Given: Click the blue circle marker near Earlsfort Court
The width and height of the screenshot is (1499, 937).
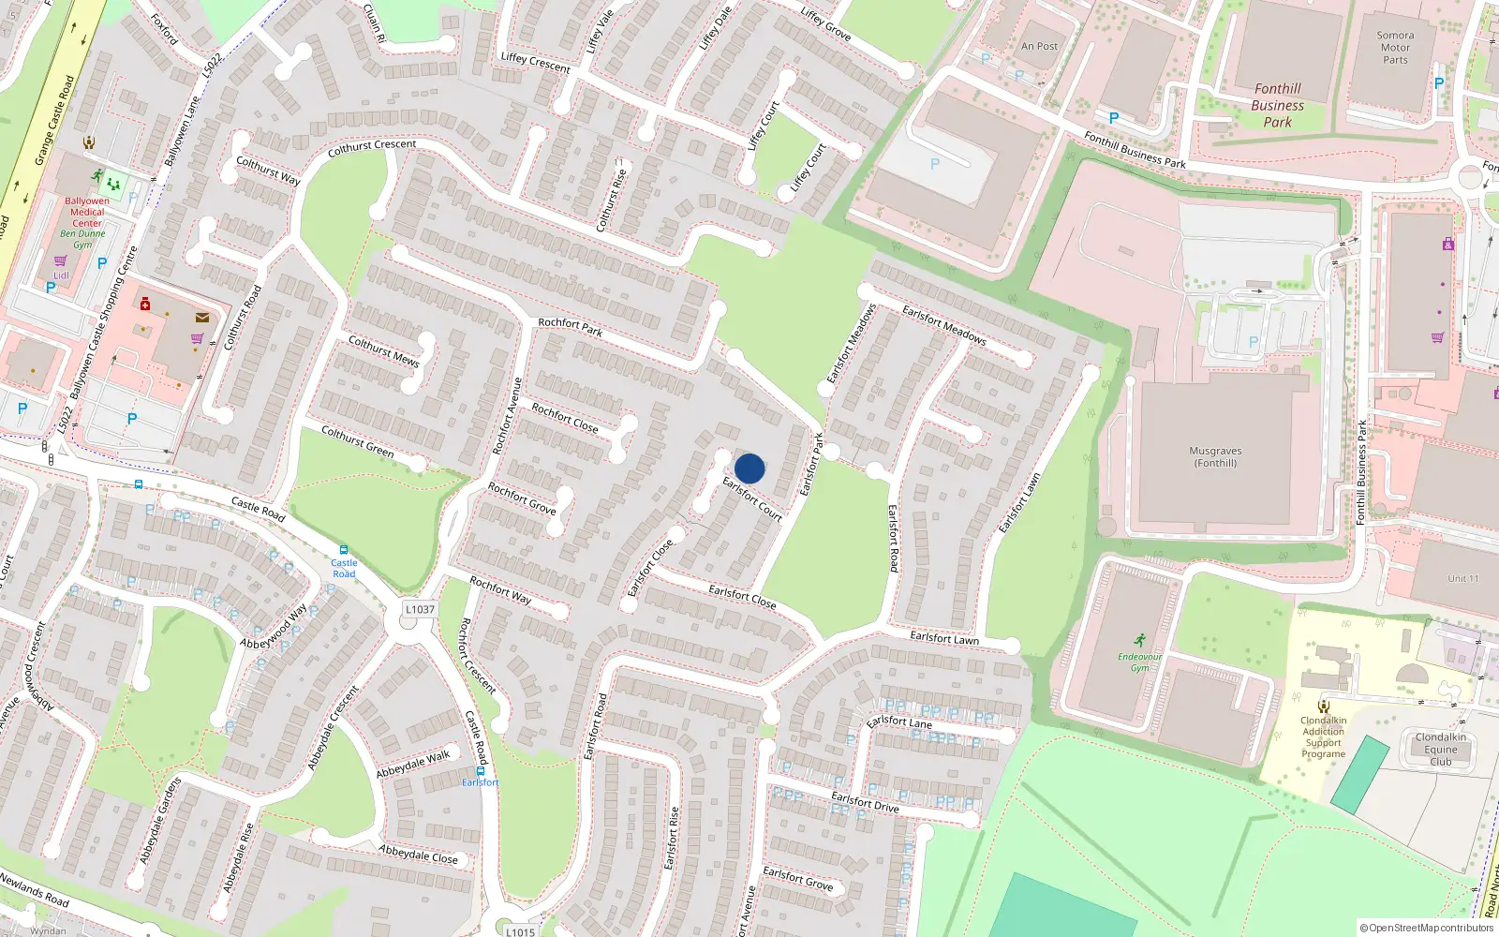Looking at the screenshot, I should [749, 468].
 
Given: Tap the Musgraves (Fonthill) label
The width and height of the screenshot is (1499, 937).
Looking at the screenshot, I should [1215, 457].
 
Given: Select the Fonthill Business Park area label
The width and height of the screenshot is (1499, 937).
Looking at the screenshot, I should [1277, 105].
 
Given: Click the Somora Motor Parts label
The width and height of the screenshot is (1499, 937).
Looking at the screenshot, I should [1395, 48].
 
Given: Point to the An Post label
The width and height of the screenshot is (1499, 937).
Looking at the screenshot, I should [1039, 46].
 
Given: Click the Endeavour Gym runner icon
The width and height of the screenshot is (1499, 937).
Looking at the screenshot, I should [1139, 641].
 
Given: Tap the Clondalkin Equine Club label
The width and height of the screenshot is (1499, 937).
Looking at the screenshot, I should [1441, 750].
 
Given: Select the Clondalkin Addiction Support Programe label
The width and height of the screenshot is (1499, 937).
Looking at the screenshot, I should [1323, 737].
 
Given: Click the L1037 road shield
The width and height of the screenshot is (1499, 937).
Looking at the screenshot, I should [420, 609].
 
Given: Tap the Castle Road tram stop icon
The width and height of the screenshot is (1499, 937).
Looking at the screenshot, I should [343, 550].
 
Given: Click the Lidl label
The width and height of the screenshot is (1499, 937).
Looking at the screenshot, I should [61, 275].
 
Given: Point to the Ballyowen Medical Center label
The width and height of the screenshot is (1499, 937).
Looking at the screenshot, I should [87, 212].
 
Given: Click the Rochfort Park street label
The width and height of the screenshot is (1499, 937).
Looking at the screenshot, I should [570, 326].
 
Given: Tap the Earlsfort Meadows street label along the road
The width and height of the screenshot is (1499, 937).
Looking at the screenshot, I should [943, 324].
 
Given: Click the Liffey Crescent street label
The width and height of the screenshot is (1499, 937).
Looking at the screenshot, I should [535, 62].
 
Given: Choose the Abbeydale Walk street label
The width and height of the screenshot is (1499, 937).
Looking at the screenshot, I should [413, 764].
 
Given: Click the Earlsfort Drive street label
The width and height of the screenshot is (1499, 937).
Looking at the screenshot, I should [865, 801].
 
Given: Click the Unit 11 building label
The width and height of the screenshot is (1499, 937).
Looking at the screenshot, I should [1462, 578].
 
